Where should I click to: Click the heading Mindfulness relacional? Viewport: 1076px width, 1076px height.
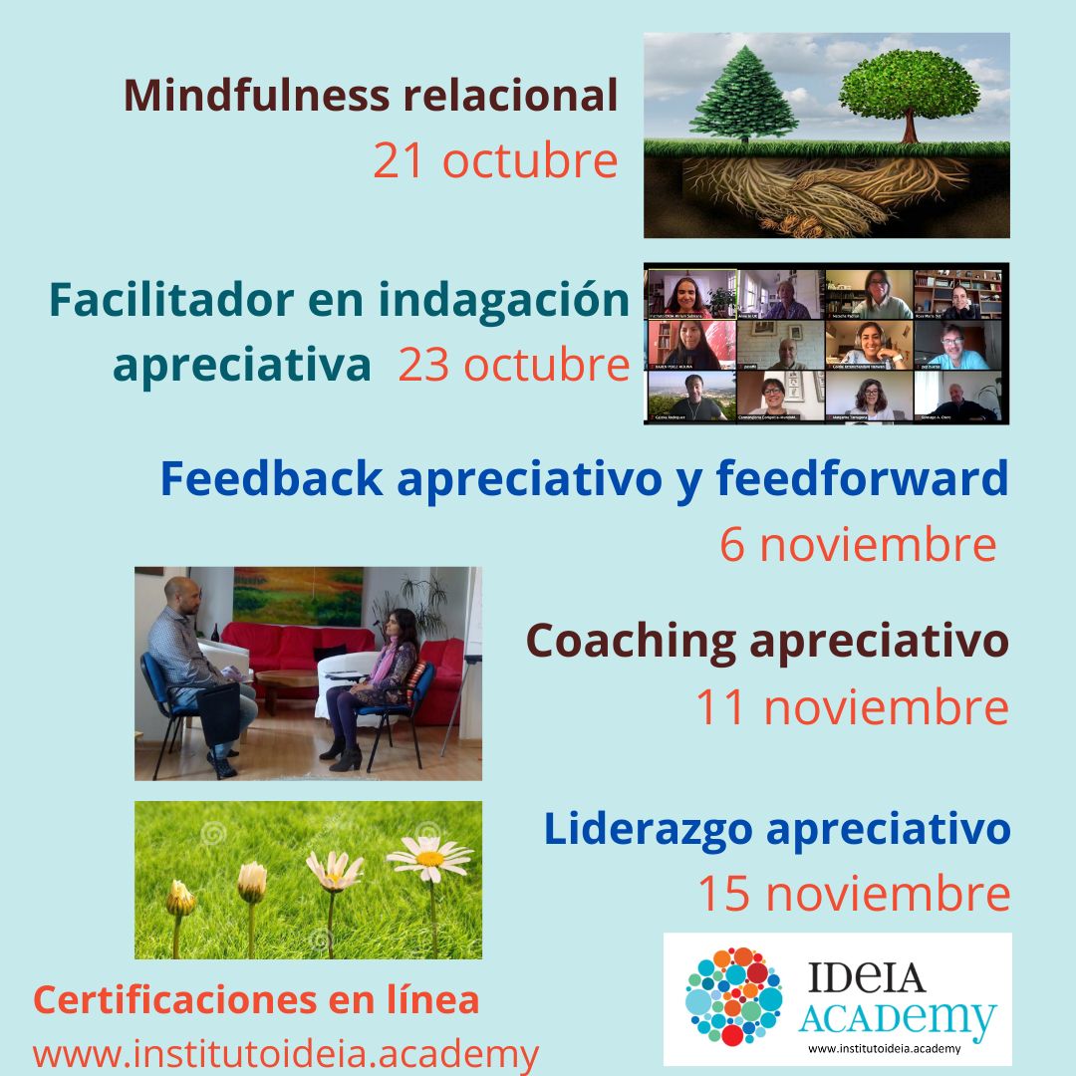pyautogui.click(x=371, y=96)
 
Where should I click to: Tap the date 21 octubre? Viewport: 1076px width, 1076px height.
pyautogui.click(x=495, y=160)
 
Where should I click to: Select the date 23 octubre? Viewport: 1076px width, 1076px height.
pyautogui.click(x=513, y=366)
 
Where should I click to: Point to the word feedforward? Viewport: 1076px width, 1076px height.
pyautogui.click(x=862, y=479)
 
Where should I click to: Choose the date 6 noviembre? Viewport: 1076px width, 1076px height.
pyautogui.click(x=857, y=545)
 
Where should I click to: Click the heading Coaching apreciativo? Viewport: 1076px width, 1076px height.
pyautogui.click(x=767, y=641)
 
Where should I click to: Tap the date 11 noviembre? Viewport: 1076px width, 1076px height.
pyautogui.click(x=852, y=707)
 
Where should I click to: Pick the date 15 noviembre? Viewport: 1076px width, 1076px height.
pyautogui.click(x=853, y=894)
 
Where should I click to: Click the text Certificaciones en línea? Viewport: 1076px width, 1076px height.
pyautogui.click(x=256, y=1000)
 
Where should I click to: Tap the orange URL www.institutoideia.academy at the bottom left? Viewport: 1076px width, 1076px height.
pyautogui.click(x=285, y=1053)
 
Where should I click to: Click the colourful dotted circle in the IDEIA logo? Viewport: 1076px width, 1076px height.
pyautogui.click(x=734, y=996)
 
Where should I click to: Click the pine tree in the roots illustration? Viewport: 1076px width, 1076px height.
pyautogui.click(x=742, y=100)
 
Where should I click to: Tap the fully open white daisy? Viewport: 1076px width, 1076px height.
pyautogui.click(x=430, y=856)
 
